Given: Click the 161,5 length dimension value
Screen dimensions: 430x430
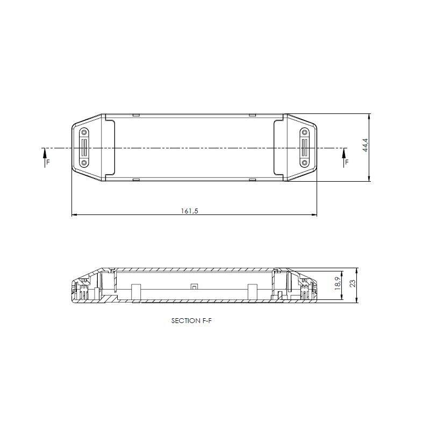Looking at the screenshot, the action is pyautogui.click(x=189, y=211).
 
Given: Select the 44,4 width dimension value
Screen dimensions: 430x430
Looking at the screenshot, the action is pyautogui.click(x=365, y=145).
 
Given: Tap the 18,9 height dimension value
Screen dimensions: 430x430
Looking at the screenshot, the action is pyautogui.click(x=338, y=284).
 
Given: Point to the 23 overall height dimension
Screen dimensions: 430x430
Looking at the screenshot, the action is pyautogui.click(x=353, y=283).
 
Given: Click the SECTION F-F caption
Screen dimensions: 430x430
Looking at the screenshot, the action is pyautogui.click(x=191, y=320).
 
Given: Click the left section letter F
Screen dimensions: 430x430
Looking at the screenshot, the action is pyautogui.click(x=48, y=162).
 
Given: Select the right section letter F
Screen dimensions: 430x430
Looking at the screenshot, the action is pyautogui.click(x=347, y=162).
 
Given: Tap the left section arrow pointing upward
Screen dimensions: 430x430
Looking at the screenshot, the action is pyautogui.click(x=44, y=157).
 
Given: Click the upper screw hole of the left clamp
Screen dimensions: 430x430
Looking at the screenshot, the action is pyautogui.click(x=84, y=133).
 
